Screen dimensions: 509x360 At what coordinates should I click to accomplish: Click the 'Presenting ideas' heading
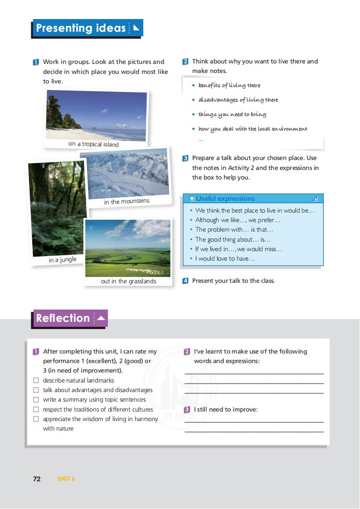pyautogui.click(x=81, y=28)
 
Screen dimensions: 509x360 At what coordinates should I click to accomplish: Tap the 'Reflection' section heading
pyautogui.click(x=63, y=318)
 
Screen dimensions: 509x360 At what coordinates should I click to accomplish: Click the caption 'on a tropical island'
pyautogui.click(x=93, y=145)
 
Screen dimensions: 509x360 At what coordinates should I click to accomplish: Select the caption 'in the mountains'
pyautogui.click(x=126, y=201)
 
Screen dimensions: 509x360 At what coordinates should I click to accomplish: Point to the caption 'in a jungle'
pyautogui.click(x=63, y=260)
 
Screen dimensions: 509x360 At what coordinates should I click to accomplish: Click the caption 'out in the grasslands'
pyautogui.click(x=128, y=281)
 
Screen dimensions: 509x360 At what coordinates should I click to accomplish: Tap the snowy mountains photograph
pyautogui.click(x=125, y=174)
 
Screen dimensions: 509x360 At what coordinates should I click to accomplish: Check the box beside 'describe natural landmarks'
pyautogui.click(x=36, y=381)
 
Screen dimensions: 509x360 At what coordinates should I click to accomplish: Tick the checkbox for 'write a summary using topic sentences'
pyautogui.click(x=36, y=400)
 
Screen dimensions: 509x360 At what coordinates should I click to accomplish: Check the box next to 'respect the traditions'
pyautogui.click(x=36, y=410)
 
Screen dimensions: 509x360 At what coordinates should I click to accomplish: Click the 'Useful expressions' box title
pyautogui.click(x=225, y=199)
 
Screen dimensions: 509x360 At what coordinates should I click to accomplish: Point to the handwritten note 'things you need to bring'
pyautogui.click(x=232, y=115)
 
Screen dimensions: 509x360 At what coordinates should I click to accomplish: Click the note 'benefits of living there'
pyautogui.click(x=229, y=85)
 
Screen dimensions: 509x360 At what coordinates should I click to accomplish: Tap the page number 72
pyautogui.click(x=37, y=479)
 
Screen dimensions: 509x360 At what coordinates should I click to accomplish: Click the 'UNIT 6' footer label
pyautogui.click(x=66, y=479)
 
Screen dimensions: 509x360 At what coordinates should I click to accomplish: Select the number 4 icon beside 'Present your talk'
pyautogui.click(x=185, y=281)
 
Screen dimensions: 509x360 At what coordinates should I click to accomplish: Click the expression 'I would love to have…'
pyautogui.click(x=225, y=259)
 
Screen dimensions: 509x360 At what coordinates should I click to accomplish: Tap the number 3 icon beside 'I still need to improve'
pyautogui.click(x=187, y=410)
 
